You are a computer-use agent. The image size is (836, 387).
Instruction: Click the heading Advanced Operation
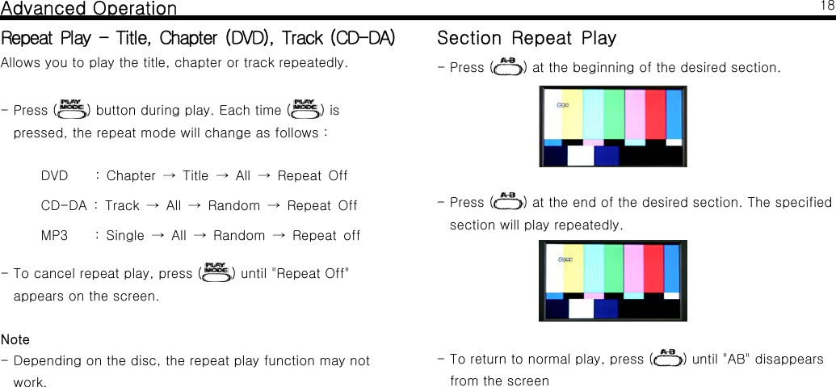(x=89, y=9)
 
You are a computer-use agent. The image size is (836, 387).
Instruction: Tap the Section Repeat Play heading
(x=526, y=38)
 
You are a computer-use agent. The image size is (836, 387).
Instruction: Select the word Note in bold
(x=15, y=339)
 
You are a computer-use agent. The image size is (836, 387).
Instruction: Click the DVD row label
(x=54, y=175)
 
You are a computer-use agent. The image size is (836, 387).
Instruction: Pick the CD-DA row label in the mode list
(x=64, y=206)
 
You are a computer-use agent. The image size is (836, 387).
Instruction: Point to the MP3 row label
(x=54, y=236)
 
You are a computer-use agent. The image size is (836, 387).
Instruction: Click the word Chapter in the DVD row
(x=131, y=175)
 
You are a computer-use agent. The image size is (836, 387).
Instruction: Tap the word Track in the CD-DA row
(x=122, y=206)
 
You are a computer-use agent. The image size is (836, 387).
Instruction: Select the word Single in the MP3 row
(x=125, y=236)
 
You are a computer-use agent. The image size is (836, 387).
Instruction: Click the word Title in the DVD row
(x=195, y=175)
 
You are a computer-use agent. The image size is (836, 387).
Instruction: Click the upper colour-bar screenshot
(x=613, y=126)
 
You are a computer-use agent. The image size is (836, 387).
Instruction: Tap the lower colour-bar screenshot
(x=613, y=280)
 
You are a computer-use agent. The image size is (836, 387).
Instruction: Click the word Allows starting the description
(x=20, y=63)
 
